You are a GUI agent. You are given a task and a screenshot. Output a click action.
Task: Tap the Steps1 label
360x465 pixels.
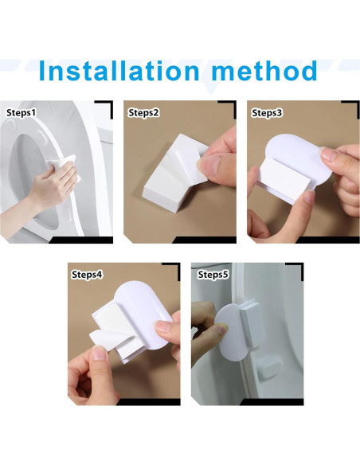(22, 112)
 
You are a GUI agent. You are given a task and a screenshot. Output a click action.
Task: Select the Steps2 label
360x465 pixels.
(144, 112)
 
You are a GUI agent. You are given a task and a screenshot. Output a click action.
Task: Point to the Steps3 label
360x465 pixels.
(268, 112)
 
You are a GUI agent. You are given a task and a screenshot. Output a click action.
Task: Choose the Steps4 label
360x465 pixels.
(87, 274)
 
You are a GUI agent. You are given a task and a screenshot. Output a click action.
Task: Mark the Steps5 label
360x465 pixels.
(213, 274)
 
